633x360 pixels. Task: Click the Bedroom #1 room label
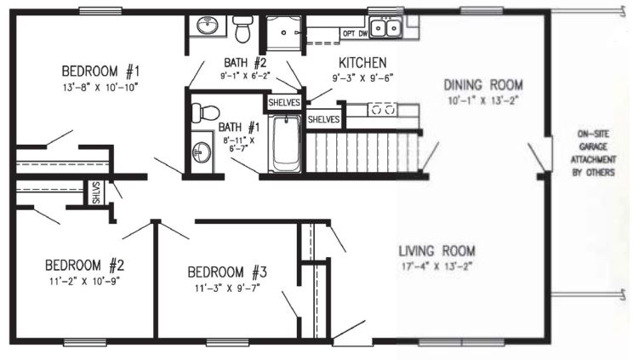click(x=100, y=71)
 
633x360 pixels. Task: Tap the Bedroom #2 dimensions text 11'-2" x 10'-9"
click(x=85, y=281)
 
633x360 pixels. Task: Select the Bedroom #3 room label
click(x=227, y=272)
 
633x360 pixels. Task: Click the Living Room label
click(x=436, y=251)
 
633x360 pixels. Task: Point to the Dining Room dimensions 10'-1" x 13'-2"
click(x=483, y=100)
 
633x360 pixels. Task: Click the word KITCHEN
click(x=362, y=63)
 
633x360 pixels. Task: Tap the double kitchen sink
click(x=385, y=28)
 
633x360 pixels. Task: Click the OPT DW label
click(x=356, y=34)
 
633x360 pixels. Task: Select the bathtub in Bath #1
click(x=286, y=144)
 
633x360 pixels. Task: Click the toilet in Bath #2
click(x=242, y=28)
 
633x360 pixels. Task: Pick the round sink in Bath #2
click(x=207, y=26)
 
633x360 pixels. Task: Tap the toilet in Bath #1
click(x=205, y=112)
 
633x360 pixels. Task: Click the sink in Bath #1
click(x=202, y=152)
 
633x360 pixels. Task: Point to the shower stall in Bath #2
click(x=283, y=32)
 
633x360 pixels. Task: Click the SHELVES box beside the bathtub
click(x=285, y=103)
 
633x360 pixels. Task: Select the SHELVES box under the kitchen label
click(x=324, y=120)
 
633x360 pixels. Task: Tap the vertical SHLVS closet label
click(x=96, y=192)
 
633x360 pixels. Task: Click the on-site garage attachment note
click(x=593, y=153)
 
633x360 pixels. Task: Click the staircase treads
click(x=362, y=152)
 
